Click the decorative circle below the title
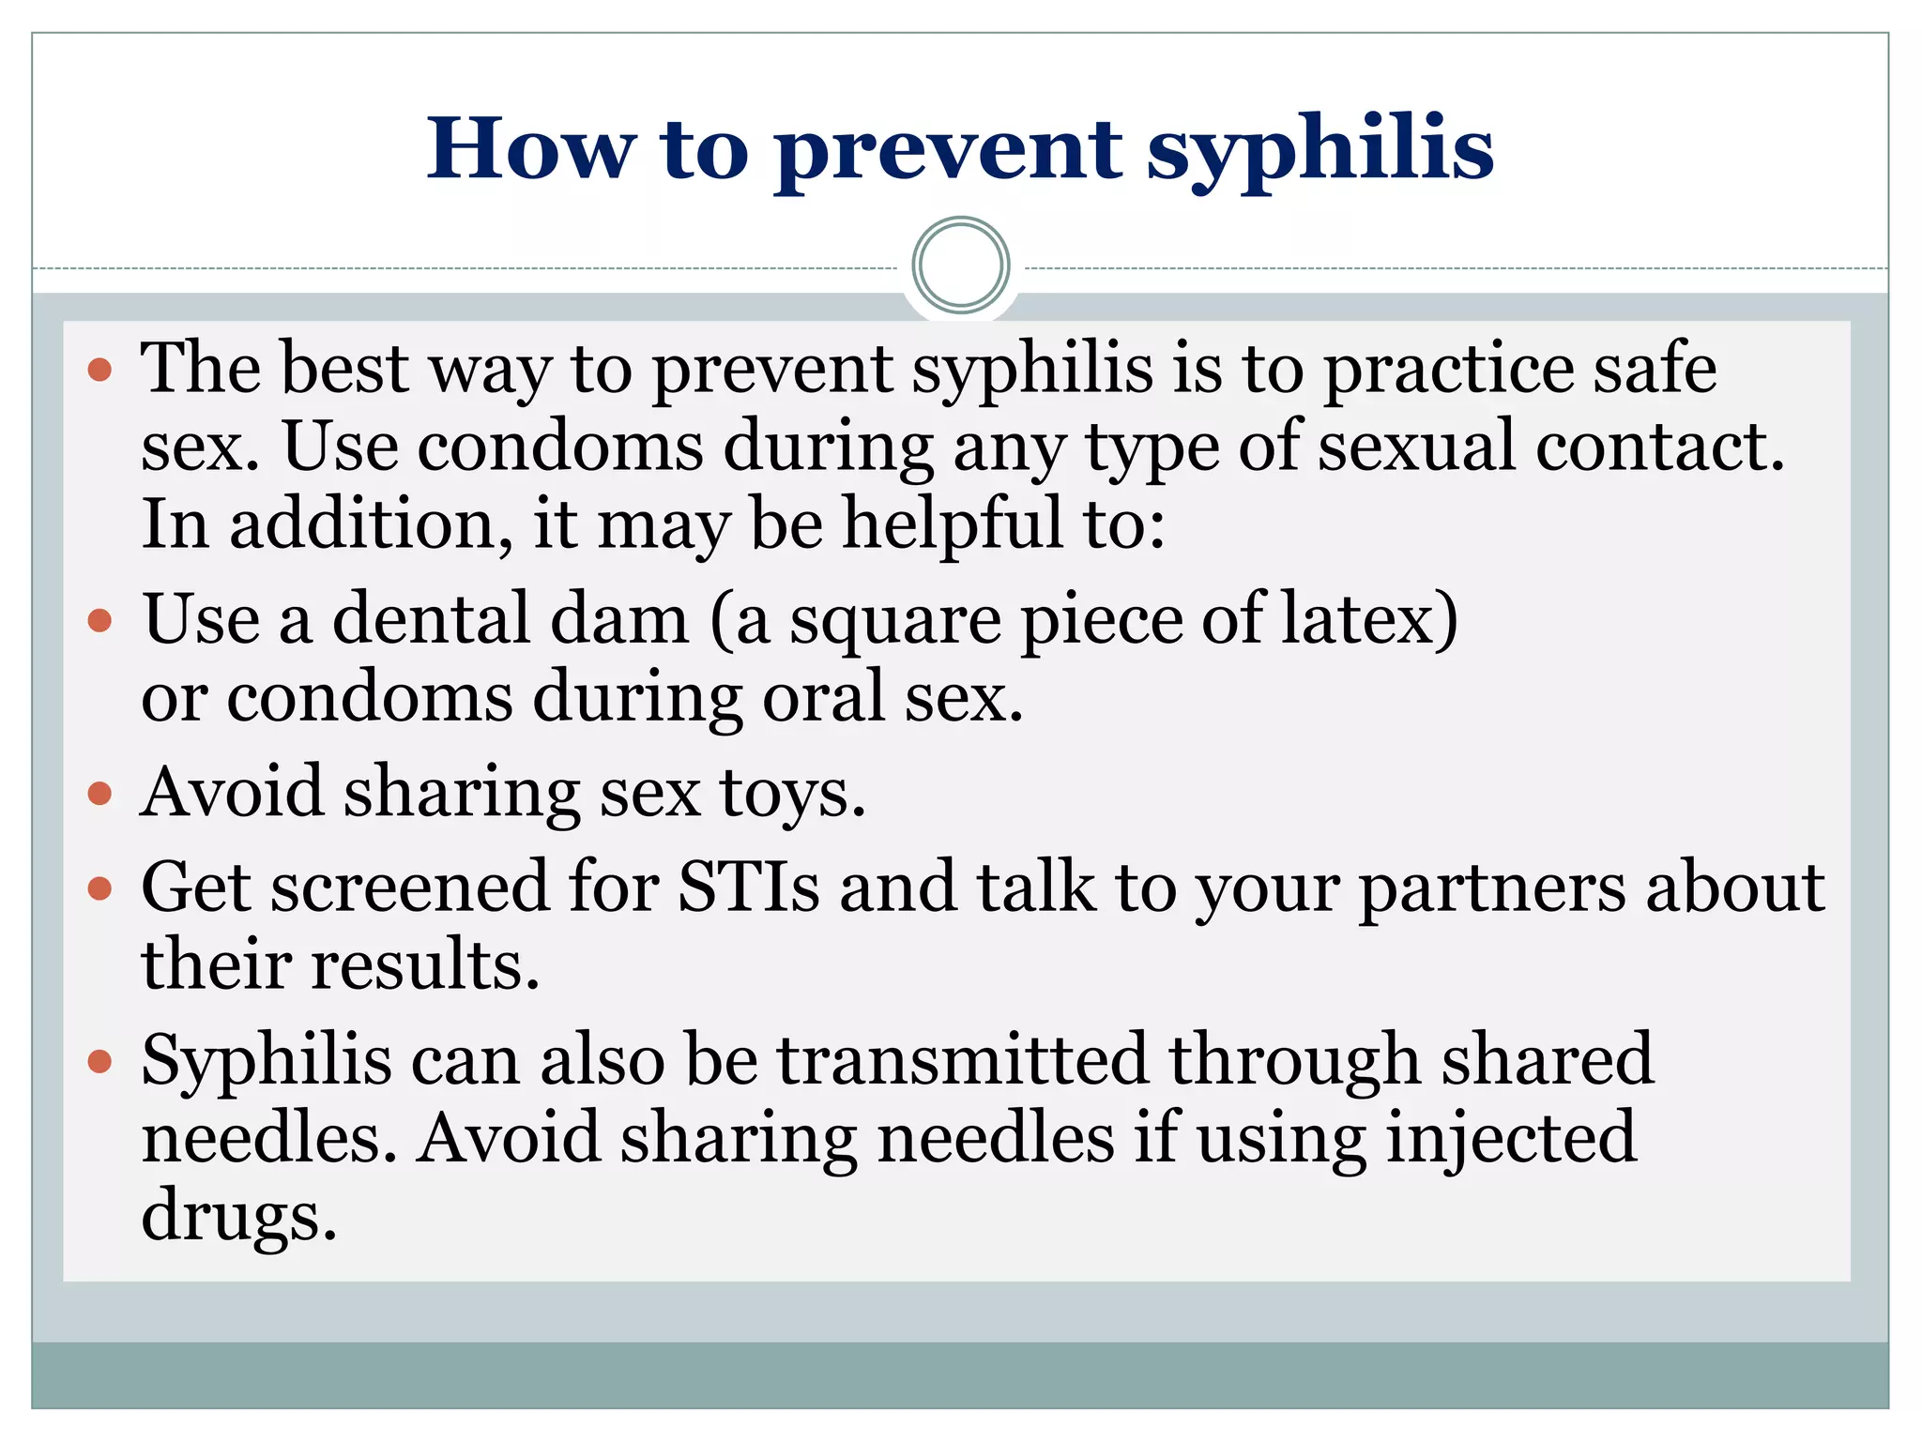[x=960, y=265]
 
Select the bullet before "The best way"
[x=99, y=370]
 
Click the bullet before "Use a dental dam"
[x=99, y=620]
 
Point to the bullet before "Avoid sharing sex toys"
[x=99, y=795]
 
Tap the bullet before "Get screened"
[x=99, y=887]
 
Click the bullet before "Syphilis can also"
[x=99, y=1061]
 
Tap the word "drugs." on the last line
[x=238, y=1217]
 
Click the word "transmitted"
[x=963, y=1061]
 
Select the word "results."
[x=426, y=966]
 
